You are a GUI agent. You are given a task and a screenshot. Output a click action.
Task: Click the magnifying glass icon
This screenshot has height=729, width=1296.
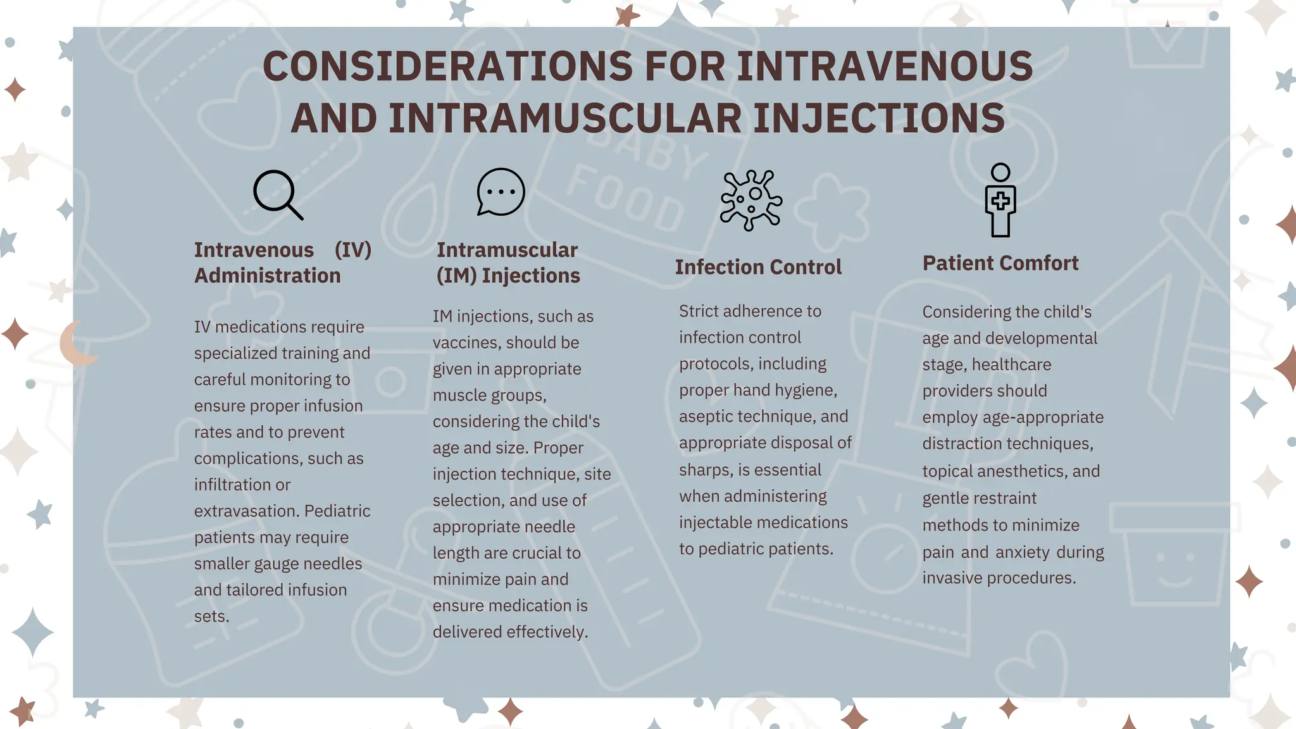click(x=277, y=194)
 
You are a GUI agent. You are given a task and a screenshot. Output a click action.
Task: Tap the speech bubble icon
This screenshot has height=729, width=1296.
click(x=501, y=192)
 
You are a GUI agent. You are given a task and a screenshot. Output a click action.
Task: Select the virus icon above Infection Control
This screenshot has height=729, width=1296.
click(x=751, y=199)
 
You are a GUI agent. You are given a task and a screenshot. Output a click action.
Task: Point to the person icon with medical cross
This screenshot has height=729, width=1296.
click(x=1000, y=200)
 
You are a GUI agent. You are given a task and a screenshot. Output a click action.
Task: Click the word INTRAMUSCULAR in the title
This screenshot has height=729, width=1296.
click(x=564, y=118)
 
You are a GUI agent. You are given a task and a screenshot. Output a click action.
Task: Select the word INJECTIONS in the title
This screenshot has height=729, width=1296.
click(x=879, y=118)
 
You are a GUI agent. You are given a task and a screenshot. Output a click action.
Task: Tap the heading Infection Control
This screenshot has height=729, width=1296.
click(x=758, y=267)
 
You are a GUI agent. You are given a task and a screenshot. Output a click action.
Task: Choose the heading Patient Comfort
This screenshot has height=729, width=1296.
click(x=1000, y=263)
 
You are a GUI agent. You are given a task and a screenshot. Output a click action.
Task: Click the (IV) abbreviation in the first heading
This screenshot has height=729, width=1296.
click(x=352, y=250)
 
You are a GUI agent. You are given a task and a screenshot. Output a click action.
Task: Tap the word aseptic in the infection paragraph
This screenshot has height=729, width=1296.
click(x=706, y=416)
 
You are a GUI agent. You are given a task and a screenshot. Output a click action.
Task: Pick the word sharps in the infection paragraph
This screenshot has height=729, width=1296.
click(x=703, y=470)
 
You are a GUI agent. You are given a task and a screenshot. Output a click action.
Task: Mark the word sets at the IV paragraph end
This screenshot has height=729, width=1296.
click(x=210, y=616)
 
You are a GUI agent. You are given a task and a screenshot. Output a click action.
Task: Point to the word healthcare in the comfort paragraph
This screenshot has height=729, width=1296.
click(x=1011, y=364)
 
